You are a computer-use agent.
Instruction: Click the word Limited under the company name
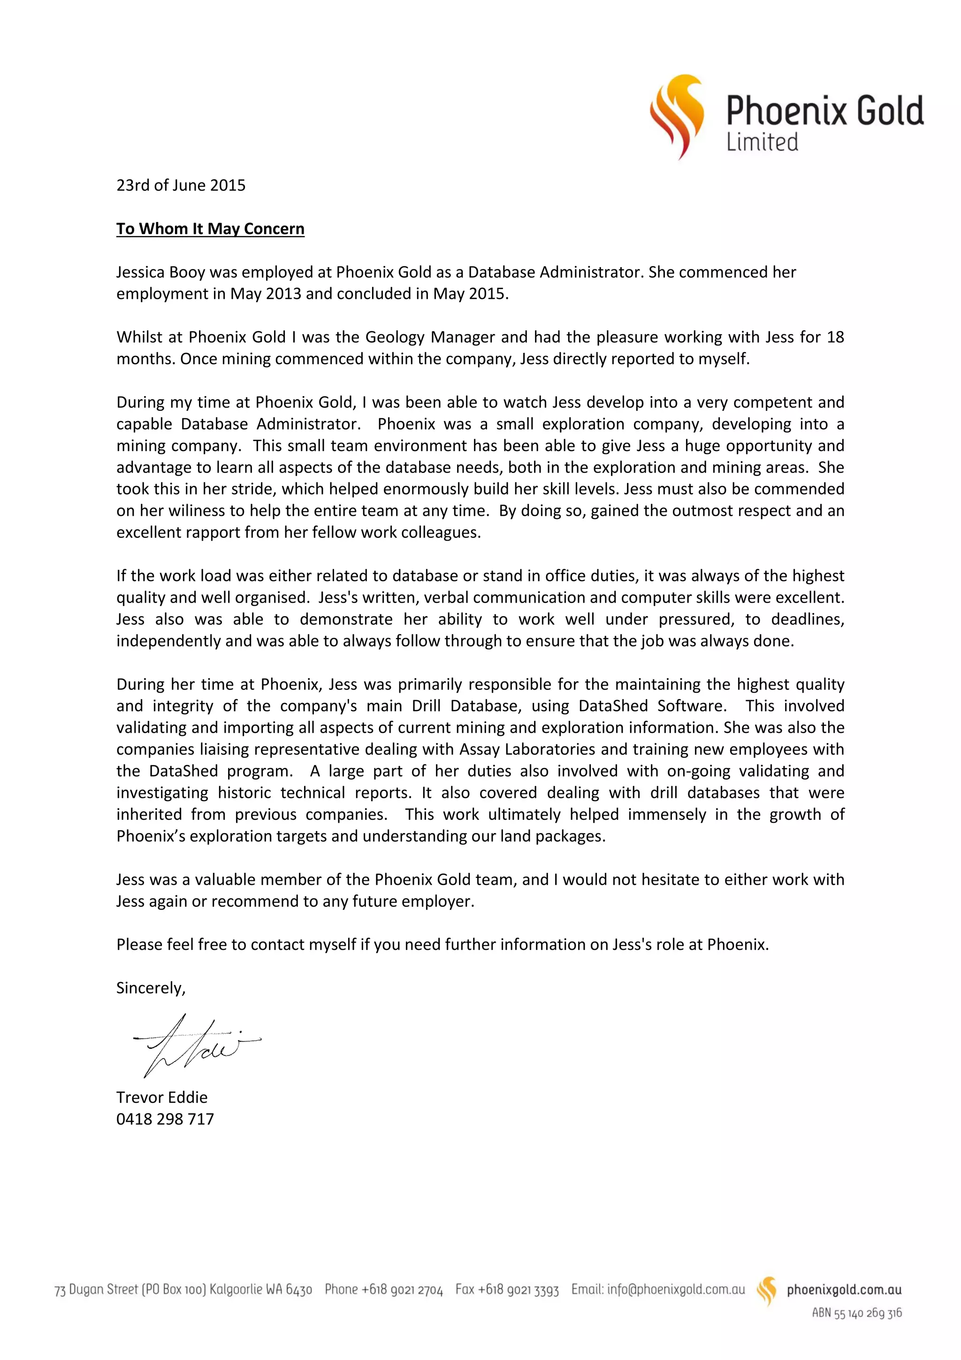click(x=762, y=142)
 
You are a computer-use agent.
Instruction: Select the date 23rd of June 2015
click(x=181, y=185)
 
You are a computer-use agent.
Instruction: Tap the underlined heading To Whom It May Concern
click(x=210, y=229)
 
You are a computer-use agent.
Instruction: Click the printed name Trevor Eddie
click(x=161, y=1097)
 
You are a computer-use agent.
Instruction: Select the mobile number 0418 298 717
click(x=165, y=1119)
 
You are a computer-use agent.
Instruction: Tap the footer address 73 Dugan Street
click(x=96, y=1290)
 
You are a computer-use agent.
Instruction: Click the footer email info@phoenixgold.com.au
click(x=658, y=1289)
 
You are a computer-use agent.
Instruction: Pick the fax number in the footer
click(x=507, y=1290)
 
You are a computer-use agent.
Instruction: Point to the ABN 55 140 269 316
click(x=856, y=1313)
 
